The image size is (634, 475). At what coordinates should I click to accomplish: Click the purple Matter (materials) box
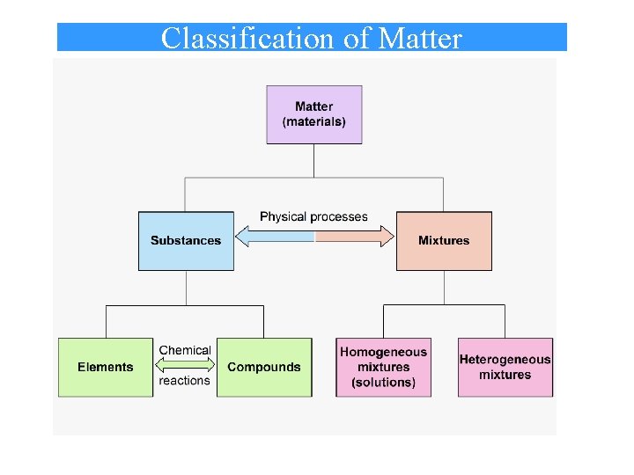point(314,114)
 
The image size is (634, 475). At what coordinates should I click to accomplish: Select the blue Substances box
point(186,240)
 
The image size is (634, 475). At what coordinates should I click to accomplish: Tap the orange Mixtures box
point(444,240)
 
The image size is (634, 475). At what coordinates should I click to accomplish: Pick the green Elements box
point(106,367)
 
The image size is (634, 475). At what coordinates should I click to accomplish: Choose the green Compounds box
point(264,367)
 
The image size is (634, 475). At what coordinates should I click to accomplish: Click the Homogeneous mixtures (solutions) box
point(383,367)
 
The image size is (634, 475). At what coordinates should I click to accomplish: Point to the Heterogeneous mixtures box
point(505,367)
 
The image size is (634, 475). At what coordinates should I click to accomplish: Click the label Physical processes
point(313,216)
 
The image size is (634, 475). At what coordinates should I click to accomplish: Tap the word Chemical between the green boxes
point(185,350)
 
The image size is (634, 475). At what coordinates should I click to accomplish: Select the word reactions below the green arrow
point(185,381)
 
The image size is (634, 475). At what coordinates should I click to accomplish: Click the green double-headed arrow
point(185,365)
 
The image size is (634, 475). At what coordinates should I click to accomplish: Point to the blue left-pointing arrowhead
point(245,236)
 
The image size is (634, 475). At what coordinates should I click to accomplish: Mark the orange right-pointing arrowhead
point(386,236)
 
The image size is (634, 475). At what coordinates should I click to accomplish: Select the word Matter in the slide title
point(419,39)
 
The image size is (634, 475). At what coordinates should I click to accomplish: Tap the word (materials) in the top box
point(314,122)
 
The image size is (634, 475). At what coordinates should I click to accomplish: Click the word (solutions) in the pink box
point(383,383)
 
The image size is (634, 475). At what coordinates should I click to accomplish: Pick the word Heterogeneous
point(505,359)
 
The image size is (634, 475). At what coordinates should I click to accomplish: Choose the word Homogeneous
point(383,352)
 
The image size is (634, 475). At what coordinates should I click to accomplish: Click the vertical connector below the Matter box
point(314,160)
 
